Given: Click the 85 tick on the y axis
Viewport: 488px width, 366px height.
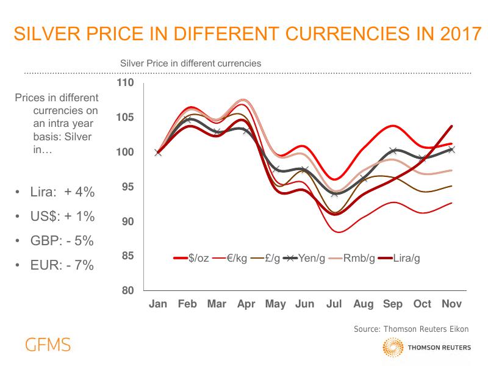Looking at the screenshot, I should click(x=127, y=256).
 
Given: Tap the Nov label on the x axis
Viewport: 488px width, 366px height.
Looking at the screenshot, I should click(x=451, y=304).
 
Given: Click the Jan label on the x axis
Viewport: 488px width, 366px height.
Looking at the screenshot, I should click(x=159, y=304).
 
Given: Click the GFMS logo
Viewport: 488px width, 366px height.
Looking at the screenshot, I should click(x=48, y=345).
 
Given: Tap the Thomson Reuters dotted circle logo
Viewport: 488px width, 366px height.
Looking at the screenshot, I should click(x=393, y=348).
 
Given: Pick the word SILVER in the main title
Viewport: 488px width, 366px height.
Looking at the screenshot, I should click(x=48, y=34).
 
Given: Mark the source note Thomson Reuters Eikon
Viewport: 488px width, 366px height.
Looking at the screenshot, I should click(x=412, y=329).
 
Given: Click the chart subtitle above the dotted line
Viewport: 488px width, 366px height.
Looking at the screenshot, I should click(x=191, y=63).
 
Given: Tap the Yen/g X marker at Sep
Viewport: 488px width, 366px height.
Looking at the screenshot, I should click(x=393, y=151).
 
